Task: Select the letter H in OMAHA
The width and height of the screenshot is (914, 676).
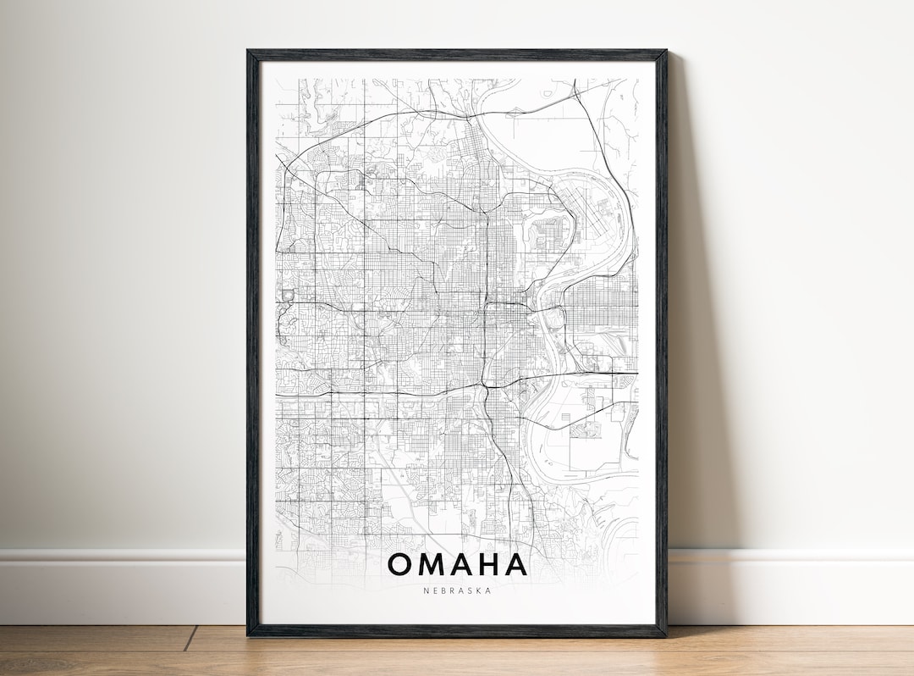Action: pyautogui.click(x=487, y=564)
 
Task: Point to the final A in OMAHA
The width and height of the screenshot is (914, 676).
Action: pyautogui.click(x=515, y=564)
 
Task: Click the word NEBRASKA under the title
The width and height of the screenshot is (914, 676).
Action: pyautogui.click(x=457, y=590)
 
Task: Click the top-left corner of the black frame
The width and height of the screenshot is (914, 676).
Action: pyautogui.click(x=249, y=53)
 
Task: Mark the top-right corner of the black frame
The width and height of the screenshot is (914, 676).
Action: pyautogui.click(x=664, y=53)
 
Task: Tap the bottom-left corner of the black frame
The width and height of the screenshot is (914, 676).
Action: pyautogui.click(x=249, y=634)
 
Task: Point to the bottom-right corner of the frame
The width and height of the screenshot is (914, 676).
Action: pyautogui.click(x=664, y=634)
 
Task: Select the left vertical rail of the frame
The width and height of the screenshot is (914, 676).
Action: pyautogui.click(x=252, y=339)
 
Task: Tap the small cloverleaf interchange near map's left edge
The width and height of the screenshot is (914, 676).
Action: pyautogui.click(x=286, y=295)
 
